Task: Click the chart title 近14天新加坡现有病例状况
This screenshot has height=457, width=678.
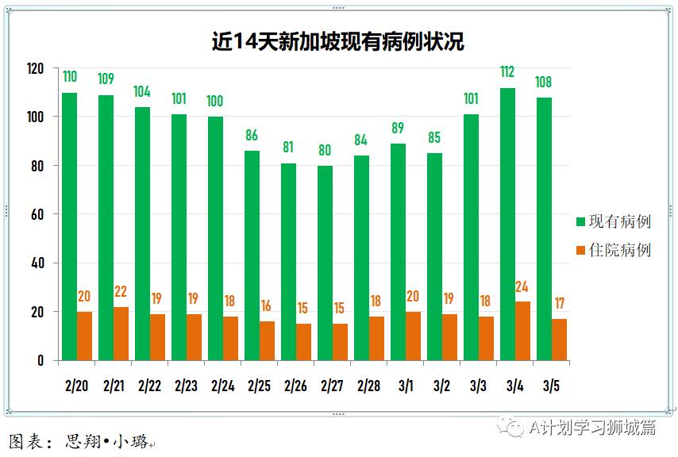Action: (338, 42)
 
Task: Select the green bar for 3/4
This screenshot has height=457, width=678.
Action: (508, 224)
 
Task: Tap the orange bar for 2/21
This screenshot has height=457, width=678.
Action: (121, 334)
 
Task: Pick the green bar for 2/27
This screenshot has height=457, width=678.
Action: (326, 263)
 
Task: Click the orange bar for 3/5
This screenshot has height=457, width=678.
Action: (559, 340)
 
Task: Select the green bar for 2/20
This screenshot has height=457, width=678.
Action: (70, 226)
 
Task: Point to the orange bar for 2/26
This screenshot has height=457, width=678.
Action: (303, 342)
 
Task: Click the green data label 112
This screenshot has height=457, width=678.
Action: (507, 72)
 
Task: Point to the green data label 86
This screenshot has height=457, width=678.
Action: (252, 135)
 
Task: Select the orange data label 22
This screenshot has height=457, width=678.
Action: (120, 292)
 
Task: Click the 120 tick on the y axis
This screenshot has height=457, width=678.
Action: (35, 68)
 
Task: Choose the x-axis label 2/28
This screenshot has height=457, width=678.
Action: (369, 386)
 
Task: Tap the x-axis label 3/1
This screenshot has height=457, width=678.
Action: (406, 386)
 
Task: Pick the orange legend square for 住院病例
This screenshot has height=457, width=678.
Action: (580, 250)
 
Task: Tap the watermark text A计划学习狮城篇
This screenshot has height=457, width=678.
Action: (592, 428)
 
